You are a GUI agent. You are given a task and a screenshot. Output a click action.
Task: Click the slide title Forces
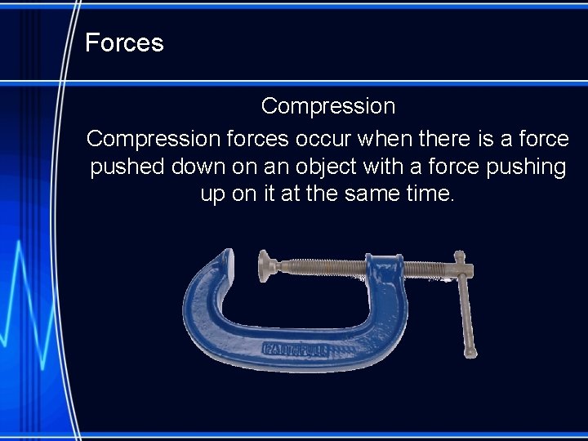124,42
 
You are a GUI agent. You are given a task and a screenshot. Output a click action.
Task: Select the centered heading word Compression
327,106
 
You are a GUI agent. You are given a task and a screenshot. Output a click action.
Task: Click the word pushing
522,167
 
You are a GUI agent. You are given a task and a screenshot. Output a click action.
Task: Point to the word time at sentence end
429,194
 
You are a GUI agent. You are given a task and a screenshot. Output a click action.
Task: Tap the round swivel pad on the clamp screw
265,265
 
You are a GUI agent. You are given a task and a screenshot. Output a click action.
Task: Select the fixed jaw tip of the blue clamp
226,261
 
